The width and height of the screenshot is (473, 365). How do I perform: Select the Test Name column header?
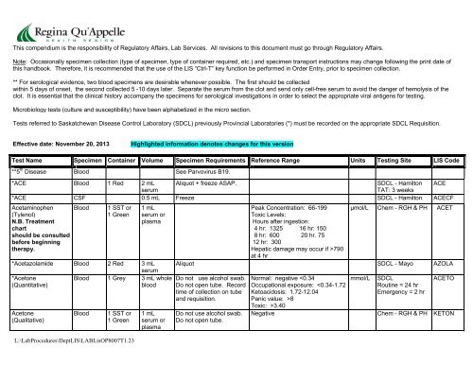[26, 162]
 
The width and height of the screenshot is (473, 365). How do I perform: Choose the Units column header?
[361, 162]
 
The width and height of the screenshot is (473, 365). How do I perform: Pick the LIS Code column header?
[447, 162]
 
